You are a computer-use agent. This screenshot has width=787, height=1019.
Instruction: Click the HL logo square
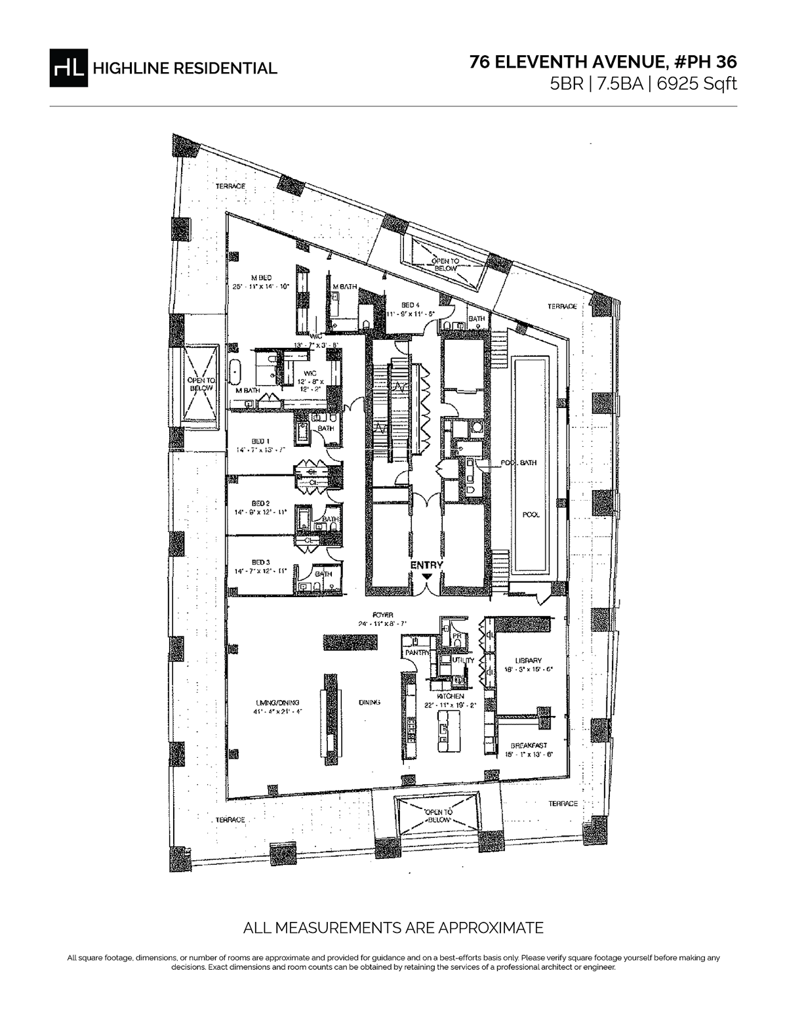pos(68,68)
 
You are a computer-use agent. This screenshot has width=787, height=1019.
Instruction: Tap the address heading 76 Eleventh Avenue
pos(603,62)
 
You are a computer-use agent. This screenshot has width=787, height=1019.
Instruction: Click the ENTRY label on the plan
pos(427,565)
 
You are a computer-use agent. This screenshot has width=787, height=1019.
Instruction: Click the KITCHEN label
pos(451,696)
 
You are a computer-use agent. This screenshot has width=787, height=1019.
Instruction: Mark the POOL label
pos(531,515)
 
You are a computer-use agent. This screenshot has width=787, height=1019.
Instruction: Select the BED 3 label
pos(260,562)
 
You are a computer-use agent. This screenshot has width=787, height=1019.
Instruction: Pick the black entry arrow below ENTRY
pos(427,576)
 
